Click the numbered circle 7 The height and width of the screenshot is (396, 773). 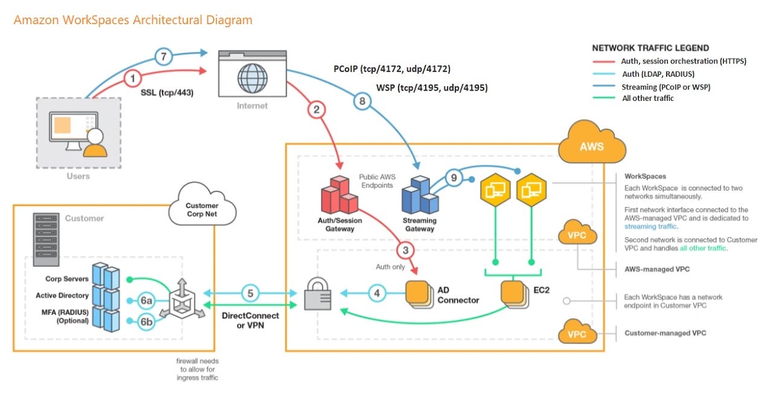[164, 57]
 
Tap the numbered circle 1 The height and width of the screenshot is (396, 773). [132, 78]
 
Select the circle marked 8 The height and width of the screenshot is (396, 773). [362, 101]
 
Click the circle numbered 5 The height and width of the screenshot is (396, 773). [251, 294]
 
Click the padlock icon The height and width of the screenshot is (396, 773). [317, 295]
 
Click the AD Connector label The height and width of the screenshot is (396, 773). [458, 295]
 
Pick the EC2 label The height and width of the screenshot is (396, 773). [542, 290]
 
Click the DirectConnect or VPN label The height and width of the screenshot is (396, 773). [250, 321]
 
